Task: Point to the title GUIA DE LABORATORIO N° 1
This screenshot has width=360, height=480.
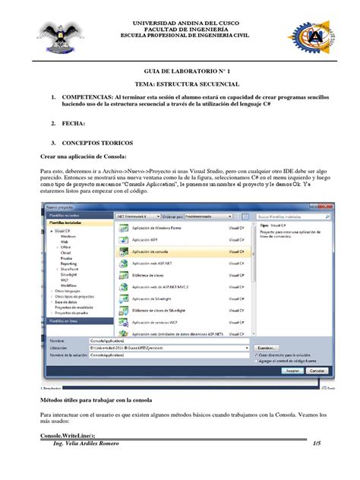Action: (180, 69)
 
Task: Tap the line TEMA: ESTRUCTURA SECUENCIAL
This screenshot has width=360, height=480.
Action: (180, 84)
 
